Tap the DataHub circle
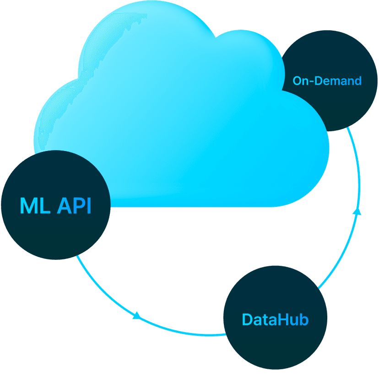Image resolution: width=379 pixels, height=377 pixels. [275, 318]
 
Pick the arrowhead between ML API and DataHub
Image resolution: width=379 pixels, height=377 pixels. [136, 315]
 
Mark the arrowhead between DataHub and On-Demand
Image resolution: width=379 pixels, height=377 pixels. [358, 211]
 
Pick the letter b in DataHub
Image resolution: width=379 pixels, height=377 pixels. [304, 319]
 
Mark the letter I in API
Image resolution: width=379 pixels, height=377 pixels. [88, 206]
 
